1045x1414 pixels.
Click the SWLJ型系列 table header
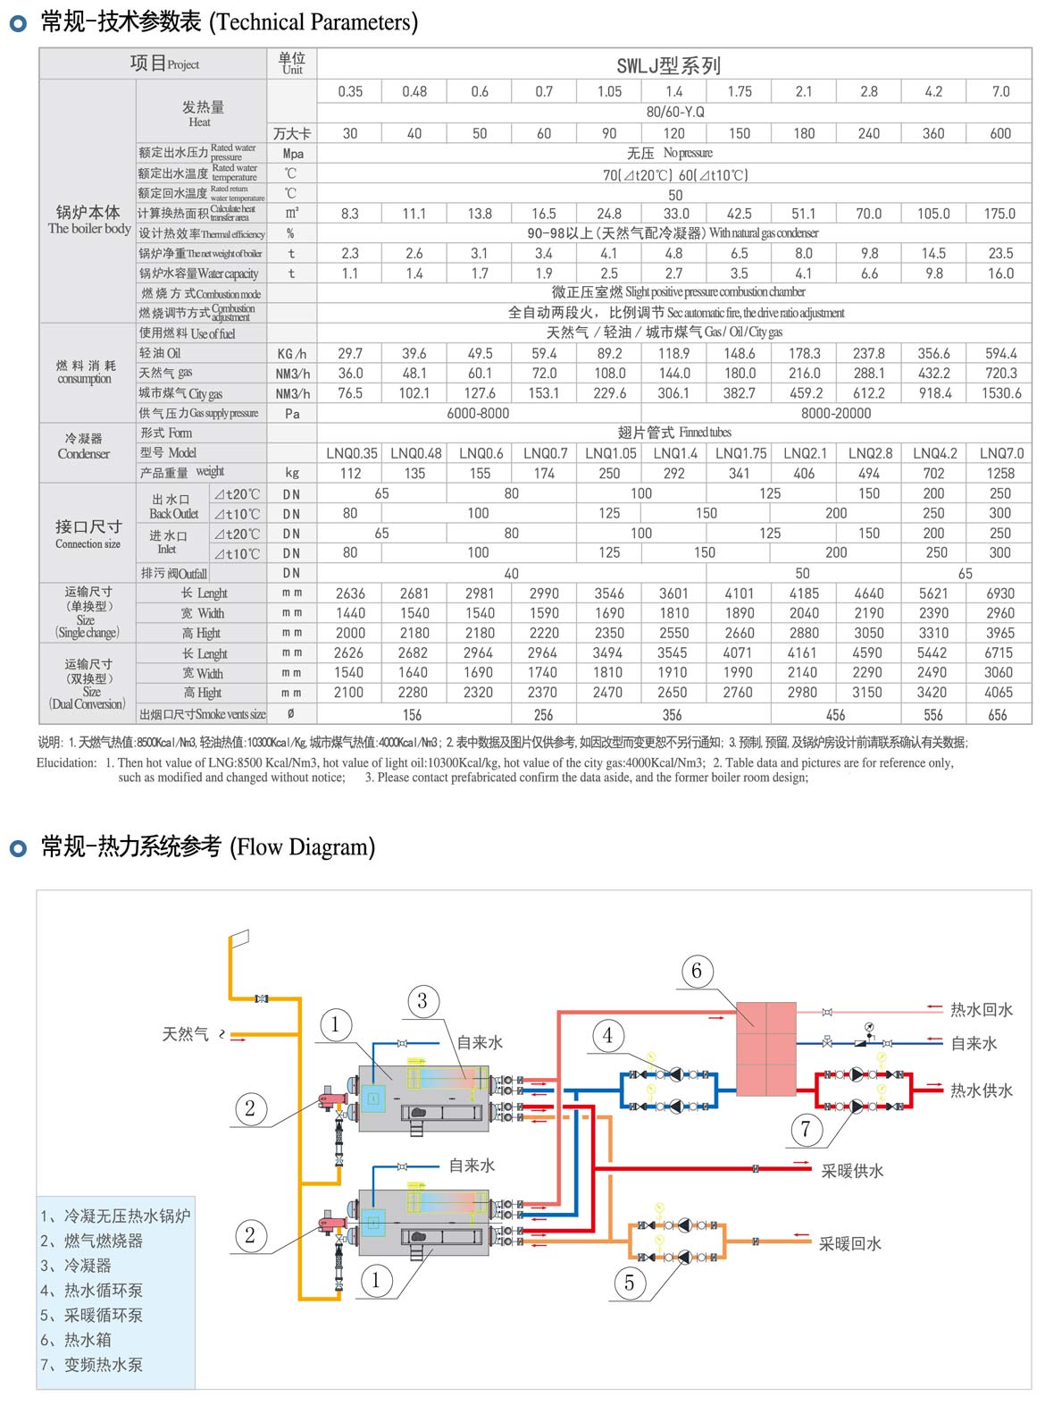pyautogui.click(x=668, y=65)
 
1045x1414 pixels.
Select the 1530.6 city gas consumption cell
pyautogui.click(x=1000, y=393)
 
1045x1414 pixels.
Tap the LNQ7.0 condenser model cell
pyautogui.click(x=1001, y=453)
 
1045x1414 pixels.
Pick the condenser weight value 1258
pyautogui.click(x=1000, y=473)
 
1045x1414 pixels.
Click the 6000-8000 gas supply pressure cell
pyautogui.click(x=479, y=413)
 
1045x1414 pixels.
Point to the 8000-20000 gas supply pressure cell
pyautogui.click(x=836, y=413)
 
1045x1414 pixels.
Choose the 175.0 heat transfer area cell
pyautogui.click(x=999, y=214)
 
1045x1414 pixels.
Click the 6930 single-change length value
pyautogui.click(x=1000, y=593)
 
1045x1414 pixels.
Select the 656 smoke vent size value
pyautogui.click(x=998, y=715)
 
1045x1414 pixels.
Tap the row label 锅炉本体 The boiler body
pyautogui.click(x=88, y=219)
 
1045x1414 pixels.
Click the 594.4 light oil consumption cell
pyautogui.click(x=1000, y=354)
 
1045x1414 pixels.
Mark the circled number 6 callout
pyautogui.click(x=697, y=971)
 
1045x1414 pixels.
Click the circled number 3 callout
pyautogui.click(x=422, y=1001)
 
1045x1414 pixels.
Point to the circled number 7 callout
pyautogui.click(x=806, y=1130)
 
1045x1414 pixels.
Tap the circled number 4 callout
pyautogui.click(x=608, y=1036)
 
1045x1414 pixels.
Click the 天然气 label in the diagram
pyautogui.click(x=185, y=1034)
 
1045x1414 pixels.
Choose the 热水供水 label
pyautogui.click(x=981, y=1090)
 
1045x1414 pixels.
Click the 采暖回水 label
pyautogui.click(x=849, y=1243)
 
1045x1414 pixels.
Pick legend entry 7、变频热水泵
pyautogui.click(x=92, y=1365)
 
